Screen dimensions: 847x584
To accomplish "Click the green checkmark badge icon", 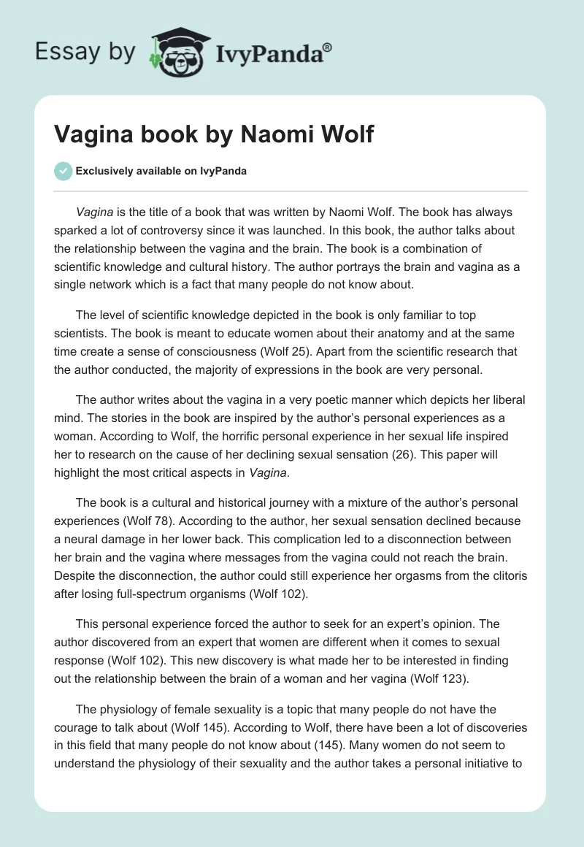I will coord(63,171).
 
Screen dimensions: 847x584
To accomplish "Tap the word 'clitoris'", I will coord(505,575).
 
